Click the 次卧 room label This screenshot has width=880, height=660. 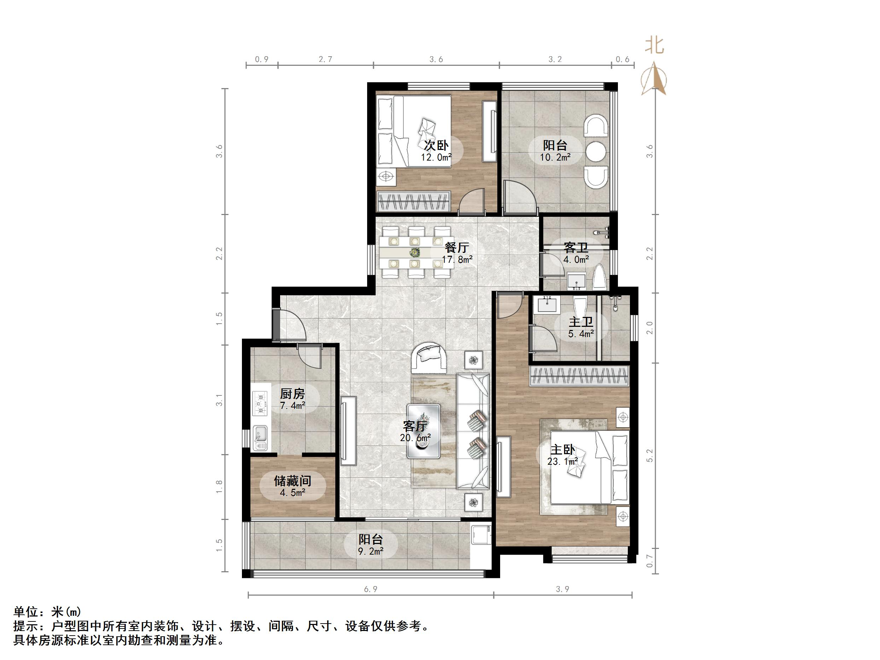(436, 145)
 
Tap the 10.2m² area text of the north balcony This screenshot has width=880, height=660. (555, 157)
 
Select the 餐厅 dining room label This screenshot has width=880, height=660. (457, 248)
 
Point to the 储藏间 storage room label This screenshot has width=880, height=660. (292, 481)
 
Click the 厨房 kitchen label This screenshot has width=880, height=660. (293, 394)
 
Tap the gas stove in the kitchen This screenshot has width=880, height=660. (261, 404)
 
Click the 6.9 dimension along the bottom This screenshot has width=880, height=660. (370, 589)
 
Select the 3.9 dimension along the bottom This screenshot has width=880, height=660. (562, 589)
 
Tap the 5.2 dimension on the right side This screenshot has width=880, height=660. (650, 456)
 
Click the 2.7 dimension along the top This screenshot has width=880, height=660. (325, 60)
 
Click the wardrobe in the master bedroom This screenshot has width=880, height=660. (580, 376)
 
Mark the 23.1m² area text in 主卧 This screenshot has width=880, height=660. (562, 462)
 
